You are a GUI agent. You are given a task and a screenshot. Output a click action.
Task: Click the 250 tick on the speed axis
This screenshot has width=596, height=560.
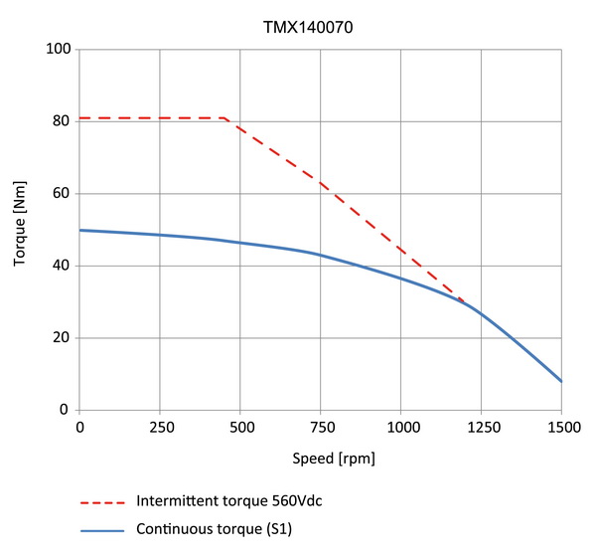coord(160,428)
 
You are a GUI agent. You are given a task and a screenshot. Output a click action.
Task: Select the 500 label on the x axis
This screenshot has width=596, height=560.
coord(240,428)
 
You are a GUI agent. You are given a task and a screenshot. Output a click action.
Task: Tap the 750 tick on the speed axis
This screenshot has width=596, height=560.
coord(321,428)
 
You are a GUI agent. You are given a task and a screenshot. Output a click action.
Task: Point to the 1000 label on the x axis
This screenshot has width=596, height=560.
coord(400,428)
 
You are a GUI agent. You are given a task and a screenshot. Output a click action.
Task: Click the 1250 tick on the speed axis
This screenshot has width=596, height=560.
coord(481,428)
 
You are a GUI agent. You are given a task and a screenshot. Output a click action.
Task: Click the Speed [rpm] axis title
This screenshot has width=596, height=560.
coord(320,460)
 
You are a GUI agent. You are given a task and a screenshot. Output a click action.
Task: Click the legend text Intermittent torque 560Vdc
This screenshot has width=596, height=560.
coord(229,500)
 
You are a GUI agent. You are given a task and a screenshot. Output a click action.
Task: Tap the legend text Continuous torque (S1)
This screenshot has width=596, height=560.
coord(215,530)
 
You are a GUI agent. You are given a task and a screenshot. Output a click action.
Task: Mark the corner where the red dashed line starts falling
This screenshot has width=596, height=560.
coord(225,118)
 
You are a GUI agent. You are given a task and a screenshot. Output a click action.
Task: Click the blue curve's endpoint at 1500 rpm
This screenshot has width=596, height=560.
coord(561,381)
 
